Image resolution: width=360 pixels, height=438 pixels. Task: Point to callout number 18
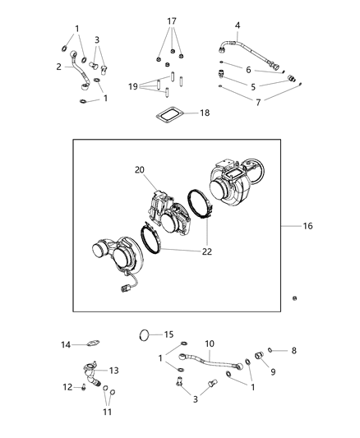click(205, 112)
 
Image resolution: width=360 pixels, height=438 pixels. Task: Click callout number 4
click(238, 26)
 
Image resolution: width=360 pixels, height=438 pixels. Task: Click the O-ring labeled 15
click(145, 335)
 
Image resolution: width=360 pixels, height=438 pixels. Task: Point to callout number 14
click(66, 344)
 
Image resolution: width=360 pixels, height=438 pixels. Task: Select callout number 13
click(114, 370)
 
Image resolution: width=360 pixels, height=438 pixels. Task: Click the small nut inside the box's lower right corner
click(294, 297)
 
